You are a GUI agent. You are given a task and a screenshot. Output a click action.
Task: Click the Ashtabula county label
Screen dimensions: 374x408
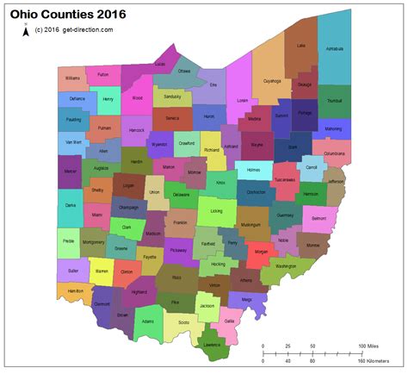(335, 49)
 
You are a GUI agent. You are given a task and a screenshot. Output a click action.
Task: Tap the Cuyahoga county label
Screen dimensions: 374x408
(272, 81)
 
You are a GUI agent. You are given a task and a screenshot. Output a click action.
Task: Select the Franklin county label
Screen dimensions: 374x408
(179, 222)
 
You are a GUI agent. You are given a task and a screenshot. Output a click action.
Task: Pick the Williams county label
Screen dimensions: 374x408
(72, 78)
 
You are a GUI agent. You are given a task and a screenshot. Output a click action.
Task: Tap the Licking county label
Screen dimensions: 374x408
(216, 210)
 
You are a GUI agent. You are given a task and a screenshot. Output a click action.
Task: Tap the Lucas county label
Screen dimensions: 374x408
(160, 65)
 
